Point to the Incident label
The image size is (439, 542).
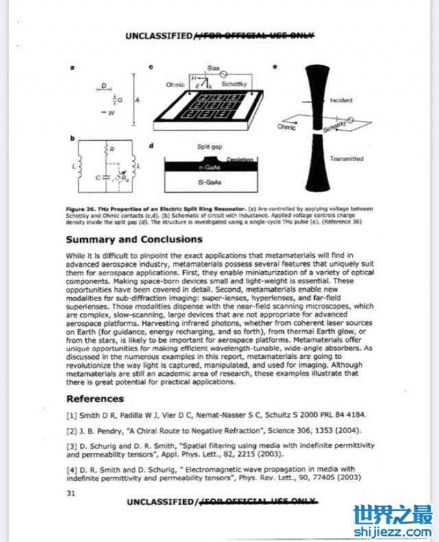(341, 100)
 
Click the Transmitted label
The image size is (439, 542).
(346, 158)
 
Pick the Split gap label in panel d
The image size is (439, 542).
(209, 146)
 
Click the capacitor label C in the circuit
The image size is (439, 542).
(98, 176)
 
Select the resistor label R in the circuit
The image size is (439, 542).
(111, 148)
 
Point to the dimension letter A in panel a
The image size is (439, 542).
(138, 99)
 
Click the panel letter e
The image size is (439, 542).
(275, 67)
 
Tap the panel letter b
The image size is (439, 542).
(72, 139)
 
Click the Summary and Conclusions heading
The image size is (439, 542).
(134, 239)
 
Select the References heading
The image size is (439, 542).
(95, 399)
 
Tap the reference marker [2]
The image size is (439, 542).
(71, 430)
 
